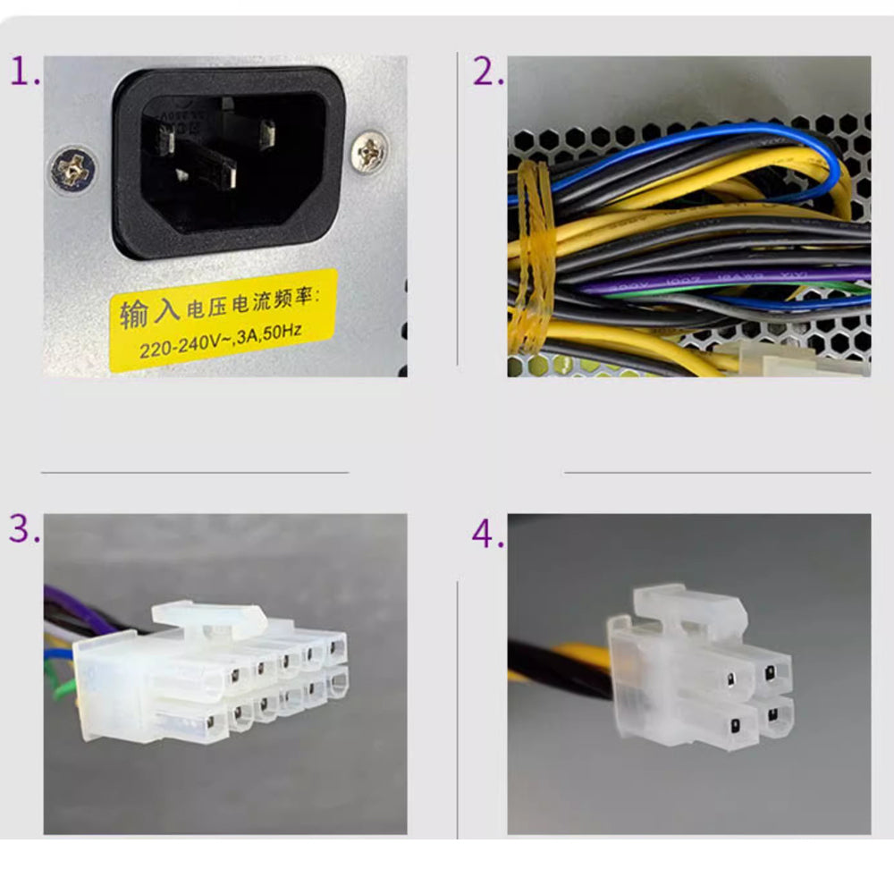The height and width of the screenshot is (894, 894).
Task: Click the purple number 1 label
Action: [24, 71]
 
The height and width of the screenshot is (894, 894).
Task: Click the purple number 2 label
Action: [487, 72]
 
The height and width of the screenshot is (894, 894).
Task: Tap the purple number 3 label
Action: [24, 528]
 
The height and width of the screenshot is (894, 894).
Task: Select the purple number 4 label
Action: [487, 535]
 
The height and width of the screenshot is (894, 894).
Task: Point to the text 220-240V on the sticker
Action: [178, 346]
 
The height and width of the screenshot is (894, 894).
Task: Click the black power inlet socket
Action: [229, 161]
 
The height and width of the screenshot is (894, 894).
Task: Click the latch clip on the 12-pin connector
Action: [208, 615]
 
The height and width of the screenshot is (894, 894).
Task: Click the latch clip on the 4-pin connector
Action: [688, 603]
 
